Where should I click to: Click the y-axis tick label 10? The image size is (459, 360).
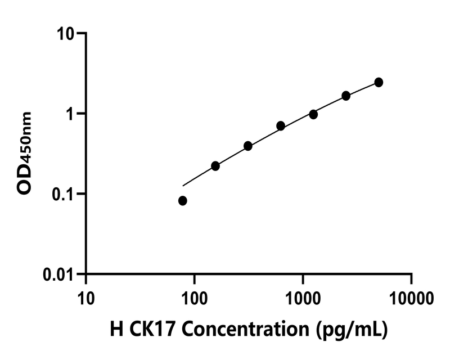click(66, 34)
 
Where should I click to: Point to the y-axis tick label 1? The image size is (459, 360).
click(71, 114)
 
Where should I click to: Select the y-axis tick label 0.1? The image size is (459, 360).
click(63, 194)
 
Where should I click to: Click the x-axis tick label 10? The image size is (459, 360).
click(86, 295)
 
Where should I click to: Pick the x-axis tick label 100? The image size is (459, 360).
click(194, 295)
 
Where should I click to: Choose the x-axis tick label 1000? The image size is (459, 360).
click(303, 295)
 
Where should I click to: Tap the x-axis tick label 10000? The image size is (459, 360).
click(411, 295)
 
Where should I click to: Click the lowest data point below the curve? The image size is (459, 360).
click(183, 201)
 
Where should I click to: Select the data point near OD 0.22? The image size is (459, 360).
click(215, 166)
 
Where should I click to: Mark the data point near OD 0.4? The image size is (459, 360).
click(248, 146)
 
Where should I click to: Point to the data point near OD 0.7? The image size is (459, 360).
click(281, 126)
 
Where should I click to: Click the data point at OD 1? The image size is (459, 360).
click(313, 114)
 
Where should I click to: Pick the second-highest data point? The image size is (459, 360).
click(346, 96)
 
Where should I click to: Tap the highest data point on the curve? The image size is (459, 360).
click(379, 83)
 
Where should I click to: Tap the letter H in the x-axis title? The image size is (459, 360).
click(117, 329)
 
